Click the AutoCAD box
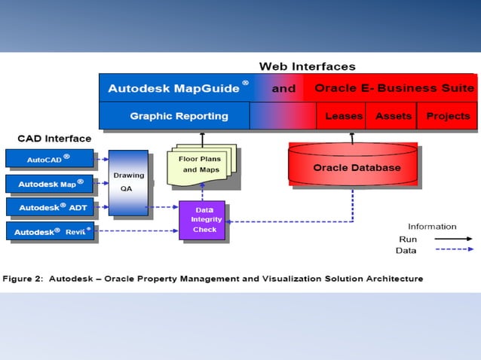click(49, 159)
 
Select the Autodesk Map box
click(49, 183)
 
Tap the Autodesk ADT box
click(49, 207)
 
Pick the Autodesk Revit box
click(50, 232)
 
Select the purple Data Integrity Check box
click(201, 220)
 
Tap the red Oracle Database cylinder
click(352, 166)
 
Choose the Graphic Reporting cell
click(178, 116)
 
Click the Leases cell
click(343, 116)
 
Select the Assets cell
click(393, 116)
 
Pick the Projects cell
click(448, 116)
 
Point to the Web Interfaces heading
click(307, 66)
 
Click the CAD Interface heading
click(54, 139)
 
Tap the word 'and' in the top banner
click(283, 88)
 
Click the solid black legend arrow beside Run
click(454, 238)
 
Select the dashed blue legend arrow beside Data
click(454, 249)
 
